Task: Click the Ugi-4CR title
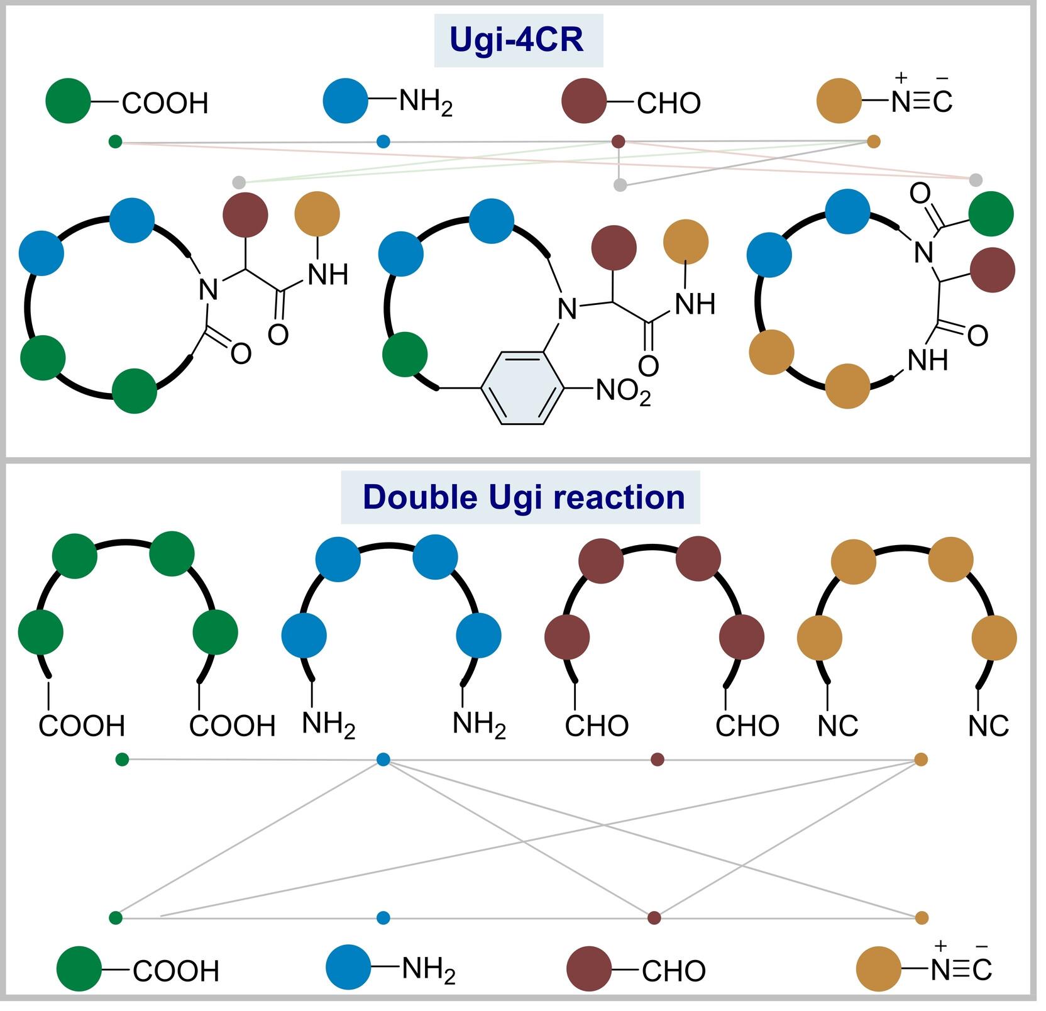(x=518, y=40)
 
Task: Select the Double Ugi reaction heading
(x=523, y=497)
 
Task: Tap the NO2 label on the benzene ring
(x=622, y=392)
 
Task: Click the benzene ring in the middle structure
(x=522, y=388)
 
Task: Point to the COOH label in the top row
(x=165, y=103)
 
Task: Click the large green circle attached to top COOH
(x=69, y=101)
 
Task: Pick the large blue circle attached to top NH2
(x=346, y=101)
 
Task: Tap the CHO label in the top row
(x=669, y=103)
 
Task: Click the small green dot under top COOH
(x=115, y=141)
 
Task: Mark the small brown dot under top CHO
(x=619, y=141)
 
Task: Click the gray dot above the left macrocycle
(x=239, y=182)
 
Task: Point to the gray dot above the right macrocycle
(x=976, y=180)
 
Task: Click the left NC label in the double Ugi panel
(x=838, y=726)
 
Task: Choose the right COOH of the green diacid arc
(x=232, y=726)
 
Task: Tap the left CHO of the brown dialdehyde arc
(x=597, y=726)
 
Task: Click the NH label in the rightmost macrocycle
(x=928, y=360)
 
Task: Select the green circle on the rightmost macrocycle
(x=991, y=214)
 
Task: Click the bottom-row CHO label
(x=674, y=971)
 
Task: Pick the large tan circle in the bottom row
(x=879, y=969)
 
